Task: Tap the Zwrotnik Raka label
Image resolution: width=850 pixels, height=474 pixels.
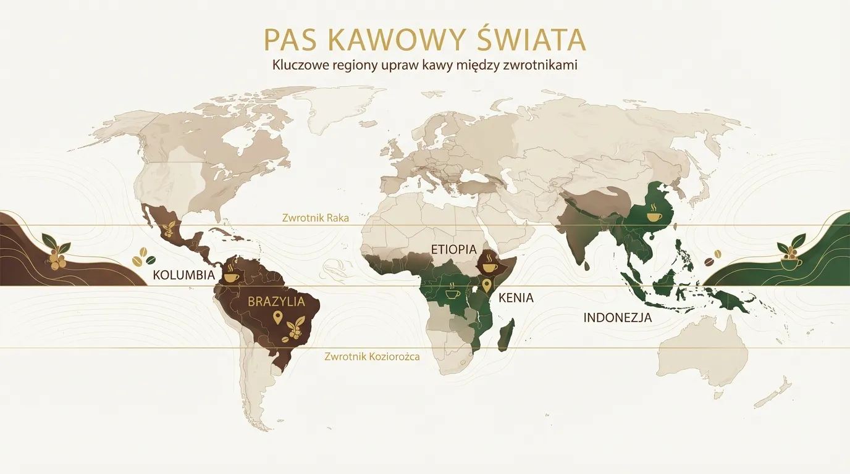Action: click(x=315, y=218)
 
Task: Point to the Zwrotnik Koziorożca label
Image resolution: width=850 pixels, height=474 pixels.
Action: click(x=372, y=357)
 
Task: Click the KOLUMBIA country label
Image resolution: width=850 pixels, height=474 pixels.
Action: click(x=183, y=275)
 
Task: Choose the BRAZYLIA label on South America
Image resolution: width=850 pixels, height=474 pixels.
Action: click(x=276, y=302)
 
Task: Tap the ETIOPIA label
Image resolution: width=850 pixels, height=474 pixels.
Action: click(x=454, y=249)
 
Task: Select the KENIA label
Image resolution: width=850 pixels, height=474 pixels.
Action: click(x=515, y=298)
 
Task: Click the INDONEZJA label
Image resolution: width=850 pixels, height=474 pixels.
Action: click(x=617, y=318)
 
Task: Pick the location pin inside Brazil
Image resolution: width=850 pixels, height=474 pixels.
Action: click(x=277, y=318)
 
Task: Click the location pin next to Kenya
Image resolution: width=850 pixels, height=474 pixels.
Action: click(x=487, y=285)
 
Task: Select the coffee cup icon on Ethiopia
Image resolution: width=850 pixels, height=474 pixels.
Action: click(x=489, y=267)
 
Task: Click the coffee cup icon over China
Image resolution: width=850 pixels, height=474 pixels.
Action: click(x=654, y=215)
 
